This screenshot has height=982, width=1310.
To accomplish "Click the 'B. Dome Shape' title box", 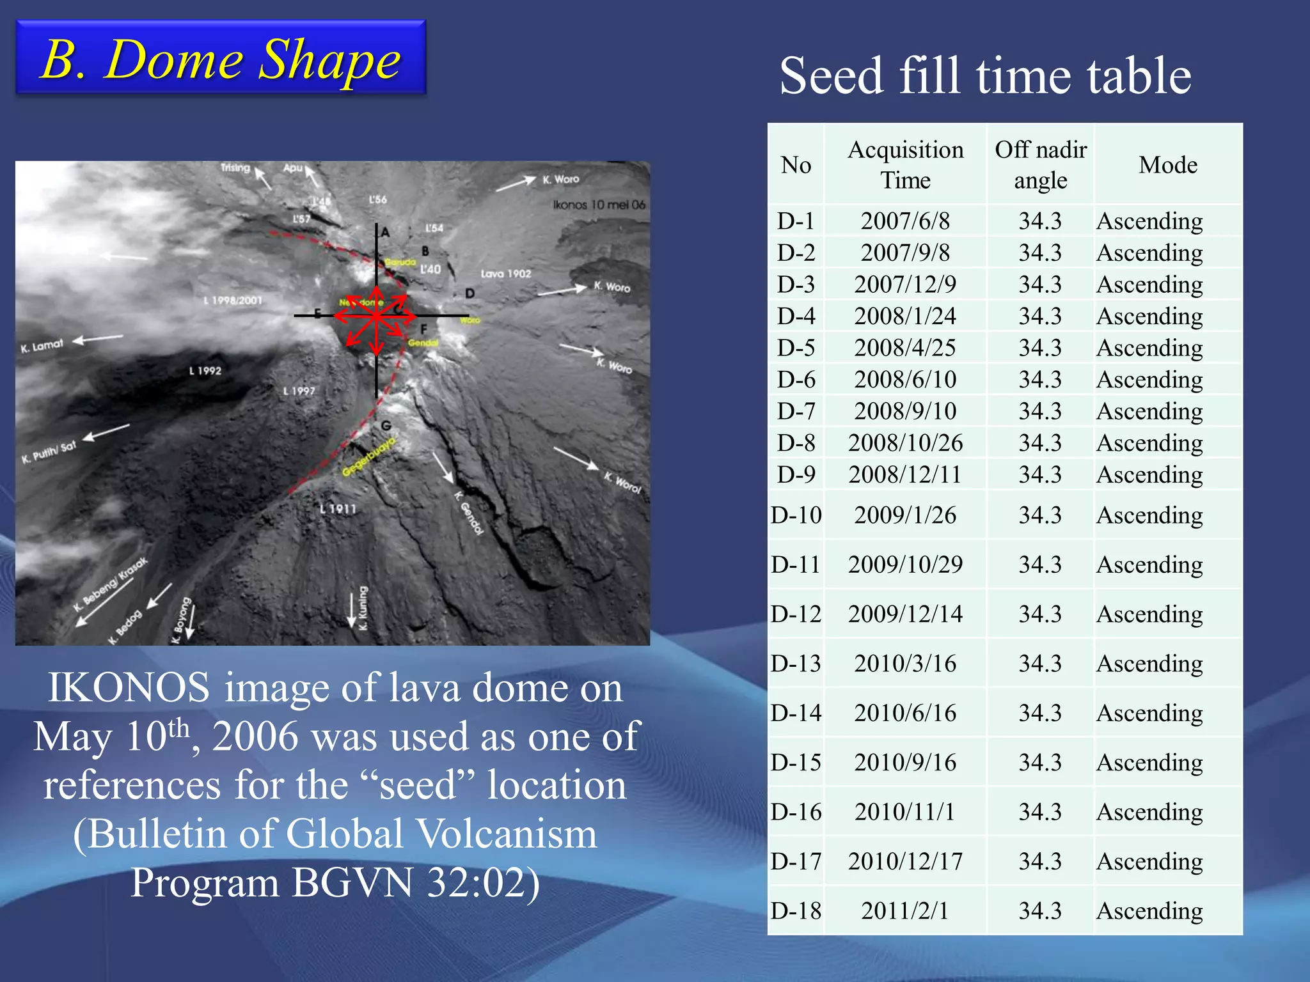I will point(221,58).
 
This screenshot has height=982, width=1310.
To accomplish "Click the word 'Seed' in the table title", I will point(831,76).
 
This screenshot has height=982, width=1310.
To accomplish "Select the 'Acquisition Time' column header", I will point(905,164).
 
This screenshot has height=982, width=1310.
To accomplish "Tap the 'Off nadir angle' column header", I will point(1041,164).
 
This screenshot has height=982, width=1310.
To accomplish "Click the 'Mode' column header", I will point(1167,165).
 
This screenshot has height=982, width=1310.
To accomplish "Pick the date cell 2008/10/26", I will point(905,442).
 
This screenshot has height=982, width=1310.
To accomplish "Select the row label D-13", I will point(796,663).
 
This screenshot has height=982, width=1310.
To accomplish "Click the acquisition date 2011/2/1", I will point(905,910).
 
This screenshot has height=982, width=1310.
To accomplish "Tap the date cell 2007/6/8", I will point(905,221).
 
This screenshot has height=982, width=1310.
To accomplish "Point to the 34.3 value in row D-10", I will point(1040,515).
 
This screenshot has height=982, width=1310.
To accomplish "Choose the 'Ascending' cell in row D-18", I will point(1149,910).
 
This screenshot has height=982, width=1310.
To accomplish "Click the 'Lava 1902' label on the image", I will point(505,274).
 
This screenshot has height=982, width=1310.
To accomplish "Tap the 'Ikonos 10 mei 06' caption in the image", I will point(599,205).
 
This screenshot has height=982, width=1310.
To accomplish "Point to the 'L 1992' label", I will point(205,371).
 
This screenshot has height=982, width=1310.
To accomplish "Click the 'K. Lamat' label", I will point(42,346).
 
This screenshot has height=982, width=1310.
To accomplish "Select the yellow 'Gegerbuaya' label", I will point(369,457).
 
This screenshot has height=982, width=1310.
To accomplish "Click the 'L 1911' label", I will point(338,509).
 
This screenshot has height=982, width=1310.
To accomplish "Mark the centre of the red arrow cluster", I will point(377,315).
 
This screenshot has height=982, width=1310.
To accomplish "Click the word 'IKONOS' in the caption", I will point(129,688).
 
